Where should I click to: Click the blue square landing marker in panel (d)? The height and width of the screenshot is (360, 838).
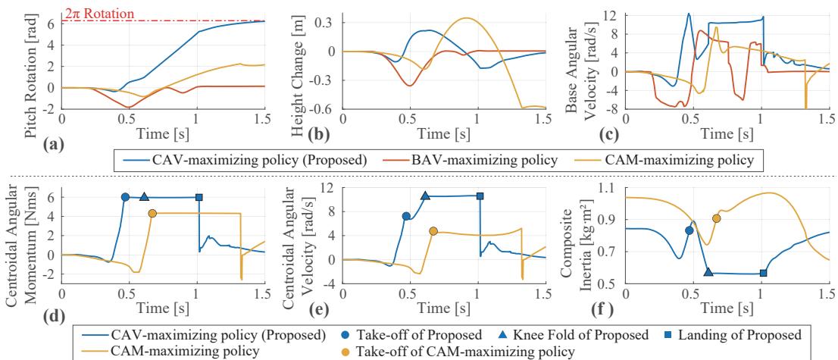199,197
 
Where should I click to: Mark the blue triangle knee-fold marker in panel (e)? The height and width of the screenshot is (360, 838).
426,196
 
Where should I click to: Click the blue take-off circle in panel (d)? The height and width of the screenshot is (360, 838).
126,197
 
